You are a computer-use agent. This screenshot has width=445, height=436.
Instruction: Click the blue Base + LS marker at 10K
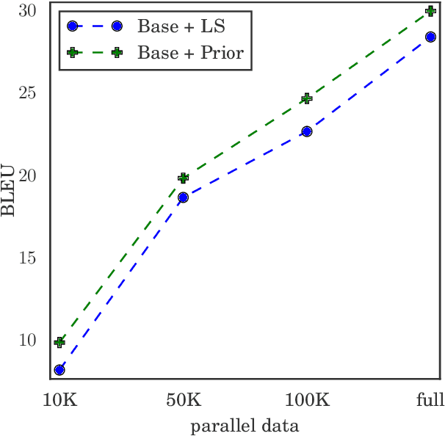tap(59, 369)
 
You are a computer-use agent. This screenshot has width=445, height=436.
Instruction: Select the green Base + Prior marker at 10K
tap(59, 342)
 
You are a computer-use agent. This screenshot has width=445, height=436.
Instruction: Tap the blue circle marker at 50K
tap(183, 197)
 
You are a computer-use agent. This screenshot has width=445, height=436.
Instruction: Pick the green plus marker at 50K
tap(183, 178)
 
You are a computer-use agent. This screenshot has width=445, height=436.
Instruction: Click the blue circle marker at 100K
tap(307, 131)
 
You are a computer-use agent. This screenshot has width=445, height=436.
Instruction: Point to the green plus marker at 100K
tap(307, 98)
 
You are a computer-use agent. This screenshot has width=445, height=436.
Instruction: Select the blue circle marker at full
tap(430, 37)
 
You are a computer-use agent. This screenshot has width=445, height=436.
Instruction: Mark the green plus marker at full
tap(430, 11)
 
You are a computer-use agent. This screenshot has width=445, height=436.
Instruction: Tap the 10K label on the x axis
tap(59, 401)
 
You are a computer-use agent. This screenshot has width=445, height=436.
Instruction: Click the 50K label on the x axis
tap(183, 401)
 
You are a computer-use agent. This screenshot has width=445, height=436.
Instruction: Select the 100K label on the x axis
tap(307, 401)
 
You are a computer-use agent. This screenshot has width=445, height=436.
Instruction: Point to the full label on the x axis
tap(430, 401)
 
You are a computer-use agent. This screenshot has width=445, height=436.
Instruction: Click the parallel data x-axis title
tap(245, 425)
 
